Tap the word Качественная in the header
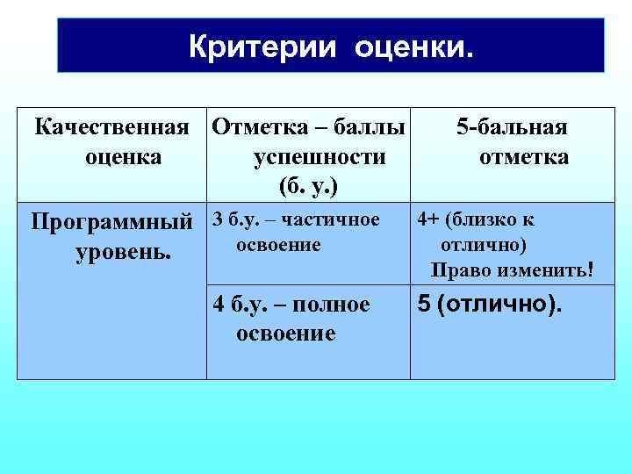click(111, 127)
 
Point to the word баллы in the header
click(372, 127)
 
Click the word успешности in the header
click(320, 157)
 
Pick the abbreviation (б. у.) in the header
click(308, 187)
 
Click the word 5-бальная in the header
click(512, 127)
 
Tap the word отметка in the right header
click(523, 157)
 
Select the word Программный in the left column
click(111, 220)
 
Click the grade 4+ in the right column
click(429, 219)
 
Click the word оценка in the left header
click(123, 157)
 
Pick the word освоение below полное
click(286, 334)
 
